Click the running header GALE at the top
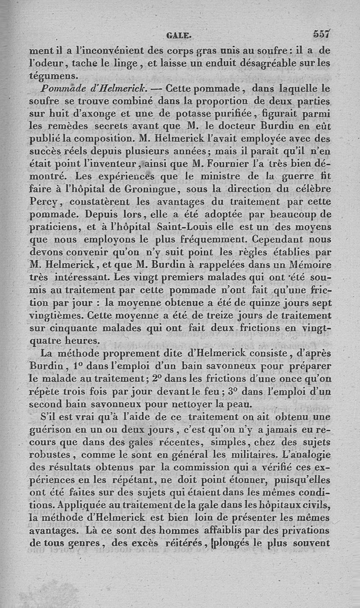[179, 34]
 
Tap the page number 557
[322, 33]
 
